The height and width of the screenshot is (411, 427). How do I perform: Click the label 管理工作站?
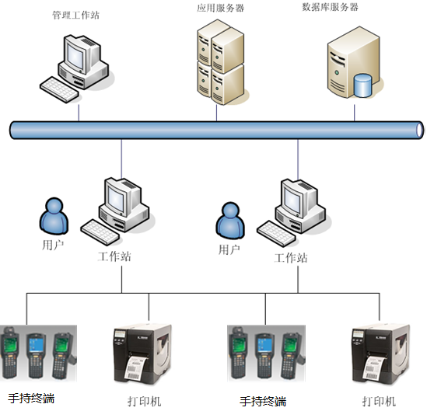(76, 15)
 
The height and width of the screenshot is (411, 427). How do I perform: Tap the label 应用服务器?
(220, 8)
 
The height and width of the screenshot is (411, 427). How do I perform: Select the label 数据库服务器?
(330, 7)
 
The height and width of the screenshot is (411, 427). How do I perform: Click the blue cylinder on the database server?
(362, 86)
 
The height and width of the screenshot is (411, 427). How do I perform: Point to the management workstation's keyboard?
(59, 90)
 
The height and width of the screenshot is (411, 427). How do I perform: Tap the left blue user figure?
(54, 216)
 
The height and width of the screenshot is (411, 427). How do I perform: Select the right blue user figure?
(230, 221)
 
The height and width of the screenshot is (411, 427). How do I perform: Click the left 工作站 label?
(114, 256)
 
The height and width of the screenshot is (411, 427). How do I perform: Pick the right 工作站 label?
(291, 258)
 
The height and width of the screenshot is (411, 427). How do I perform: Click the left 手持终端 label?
(31, 399)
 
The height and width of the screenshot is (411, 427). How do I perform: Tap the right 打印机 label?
(379, 402)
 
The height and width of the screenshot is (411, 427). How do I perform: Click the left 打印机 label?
(145, 402)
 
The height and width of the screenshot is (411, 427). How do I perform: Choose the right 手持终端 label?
(263, 402)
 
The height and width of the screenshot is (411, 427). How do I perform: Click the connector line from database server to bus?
(355, 113)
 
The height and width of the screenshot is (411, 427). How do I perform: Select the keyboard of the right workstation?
(276, 233)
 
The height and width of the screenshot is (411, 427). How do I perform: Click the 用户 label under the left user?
(53, 245)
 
